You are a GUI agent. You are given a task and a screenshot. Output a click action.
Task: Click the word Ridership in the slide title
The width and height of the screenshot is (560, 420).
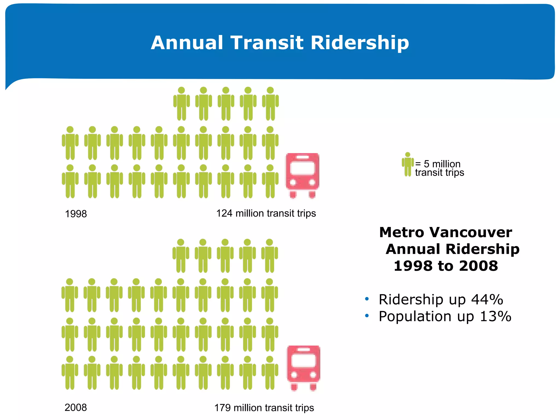pos(360,43)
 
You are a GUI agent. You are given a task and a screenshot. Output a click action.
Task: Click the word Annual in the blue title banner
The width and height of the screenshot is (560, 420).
pos(187,43)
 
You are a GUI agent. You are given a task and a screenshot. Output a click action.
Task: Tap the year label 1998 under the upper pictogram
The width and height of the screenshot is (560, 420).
pos(76,214)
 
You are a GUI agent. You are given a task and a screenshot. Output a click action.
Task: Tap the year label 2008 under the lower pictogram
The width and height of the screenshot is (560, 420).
pos(76,407)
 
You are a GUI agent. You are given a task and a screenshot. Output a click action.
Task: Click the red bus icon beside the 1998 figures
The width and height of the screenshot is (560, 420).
pos(302,175)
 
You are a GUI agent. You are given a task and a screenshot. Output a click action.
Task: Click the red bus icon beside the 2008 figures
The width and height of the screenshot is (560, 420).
pos(303,368)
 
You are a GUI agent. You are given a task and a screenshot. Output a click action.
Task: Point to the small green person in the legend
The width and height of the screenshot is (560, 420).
pos(408,164)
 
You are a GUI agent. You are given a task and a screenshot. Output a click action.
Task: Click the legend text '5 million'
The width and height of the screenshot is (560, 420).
pos(442,164)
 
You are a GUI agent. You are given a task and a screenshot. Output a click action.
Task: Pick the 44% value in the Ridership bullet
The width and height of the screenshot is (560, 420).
pos(487,299)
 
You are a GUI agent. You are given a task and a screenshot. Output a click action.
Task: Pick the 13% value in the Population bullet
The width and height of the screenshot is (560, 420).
pos(495,316)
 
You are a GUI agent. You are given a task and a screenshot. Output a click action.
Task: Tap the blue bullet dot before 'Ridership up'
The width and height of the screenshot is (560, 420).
pos(367,299)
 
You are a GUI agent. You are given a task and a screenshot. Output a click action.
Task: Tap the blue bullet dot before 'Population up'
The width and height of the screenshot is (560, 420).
pos(367,316)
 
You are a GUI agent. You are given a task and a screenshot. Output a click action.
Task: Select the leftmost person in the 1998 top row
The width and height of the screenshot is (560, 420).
pos(181,104)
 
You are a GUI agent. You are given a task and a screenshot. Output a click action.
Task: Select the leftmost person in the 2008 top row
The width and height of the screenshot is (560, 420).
pos(181,256)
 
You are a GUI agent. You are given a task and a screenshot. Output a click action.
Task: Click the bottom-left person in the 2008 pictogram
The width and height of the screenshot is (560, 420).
pos(70,372)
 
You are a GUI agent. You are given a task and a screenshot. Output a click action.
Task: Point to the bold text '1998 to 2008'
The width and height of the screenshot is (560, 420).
pos(446,266)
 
